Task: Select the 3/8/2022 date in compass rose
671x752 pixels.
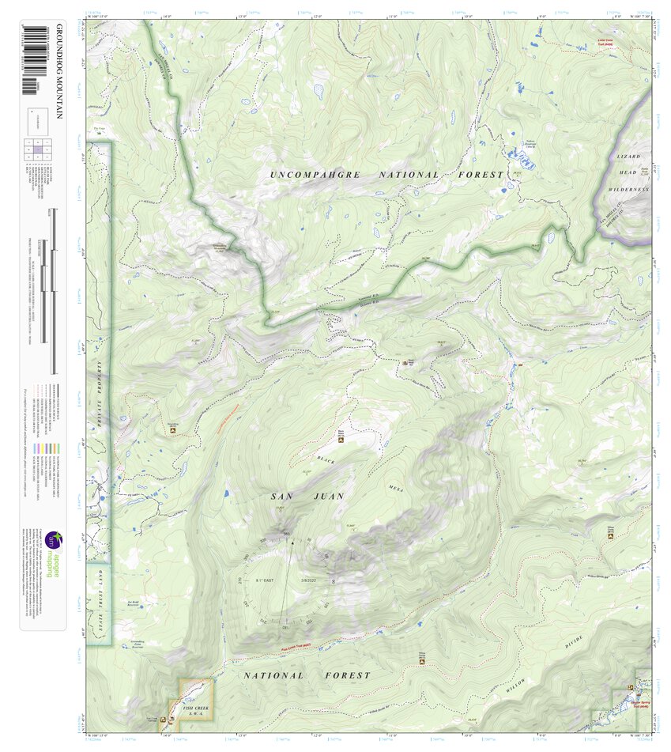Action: coord(307,580)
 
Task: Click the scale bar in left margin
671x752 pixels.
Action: coord(54,293)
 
